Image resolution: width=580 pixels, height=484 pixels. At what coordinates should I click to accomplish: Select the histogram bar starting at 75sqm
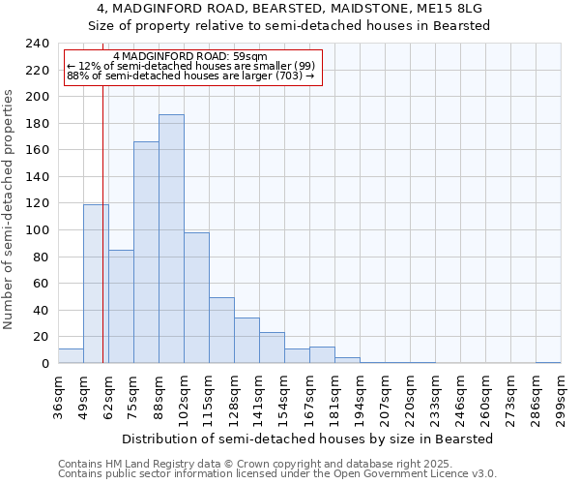[146, 253]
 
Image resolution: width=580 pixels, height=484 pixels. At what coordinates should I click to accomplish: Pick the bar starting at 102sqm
[196, 298]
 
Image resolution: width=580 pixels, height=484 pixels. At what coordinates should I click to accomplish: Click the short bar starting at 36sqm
[71, 356]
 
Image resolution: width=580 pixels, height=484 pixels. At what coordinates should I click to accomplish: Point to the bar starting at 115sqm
[221, 330]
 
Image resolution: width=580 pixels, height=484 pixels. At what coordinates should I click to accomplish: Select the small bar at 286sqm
[548, 362]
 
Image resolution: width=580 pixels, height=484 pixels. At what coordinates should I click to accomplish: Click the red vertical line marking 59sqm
[102, 242]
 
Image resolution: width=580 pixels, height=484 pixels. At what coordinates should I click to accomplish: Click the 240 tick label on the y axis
[38, 44]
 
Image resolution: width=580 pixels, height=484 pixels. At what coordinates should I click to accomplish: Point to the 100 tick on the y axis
[38, 230]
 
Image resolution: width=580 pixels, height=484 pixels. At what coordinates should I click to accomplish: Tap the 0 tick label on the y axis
[45, 364]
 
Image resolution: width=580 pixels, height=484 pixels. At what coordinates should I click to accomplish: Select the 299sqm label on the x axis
[561, 398]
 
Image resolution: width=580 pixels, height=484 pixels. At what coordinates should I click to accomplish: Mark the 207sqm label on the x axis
[385, 398]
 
